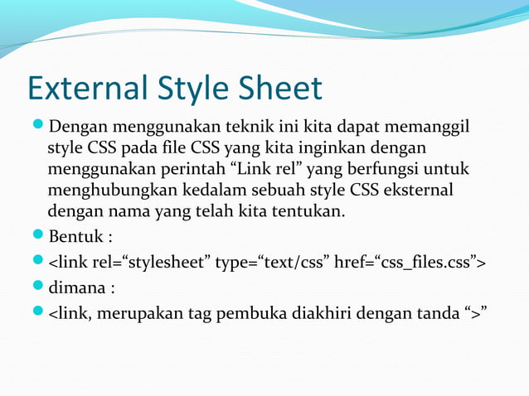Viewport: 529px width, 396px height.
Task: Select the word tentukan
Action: [x=306, y=212]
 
